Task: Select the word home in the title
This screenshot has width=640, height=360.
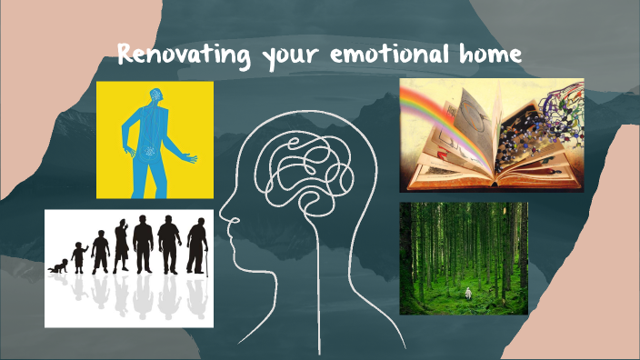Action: pyautogui.click(x=488, y=55)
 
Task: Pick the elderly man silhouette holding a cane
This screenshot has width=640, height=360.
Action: pyautogui.click(x=195, y=246)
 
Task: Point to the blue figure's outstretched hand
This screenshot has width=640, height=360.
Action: pyautogui.click(x=190, y=160)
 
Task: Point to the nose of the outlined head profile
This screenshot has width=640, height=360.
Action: pyautogui.click(x=222, y=222)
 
